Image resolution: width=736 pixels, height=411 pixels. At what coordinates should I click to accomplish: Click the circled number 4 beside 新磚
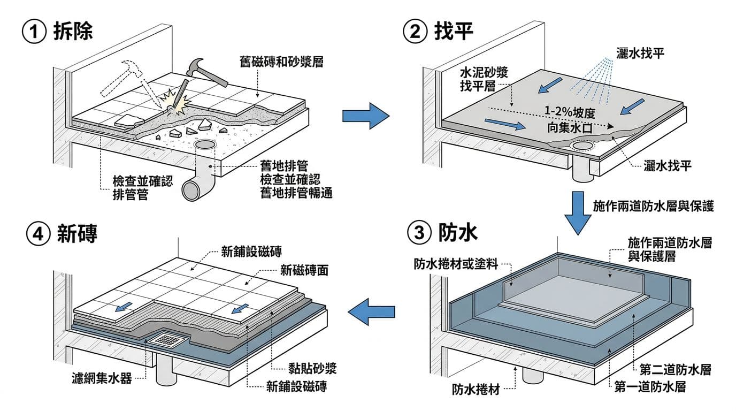[39, 234]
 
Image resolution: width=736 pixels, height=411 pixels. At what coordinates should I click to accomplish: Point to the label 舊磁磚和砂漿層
[281, 62]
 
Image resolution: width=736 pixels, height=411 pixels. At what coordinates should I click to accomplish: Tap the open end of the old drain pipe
[191, 190]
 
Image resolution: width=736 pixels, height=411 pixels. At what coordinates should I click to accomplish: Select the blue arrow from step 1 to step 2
[365, 116]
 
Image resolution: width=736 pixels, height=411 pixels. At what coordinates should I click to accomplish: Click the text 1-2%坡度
[570, 113]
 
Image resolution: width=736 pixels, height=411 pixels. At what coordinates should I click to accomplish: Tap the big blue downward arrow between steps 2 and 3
[579, 212]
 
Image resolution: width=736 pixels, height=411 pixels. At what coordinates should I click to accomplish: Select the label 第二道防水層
[676, 370]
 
